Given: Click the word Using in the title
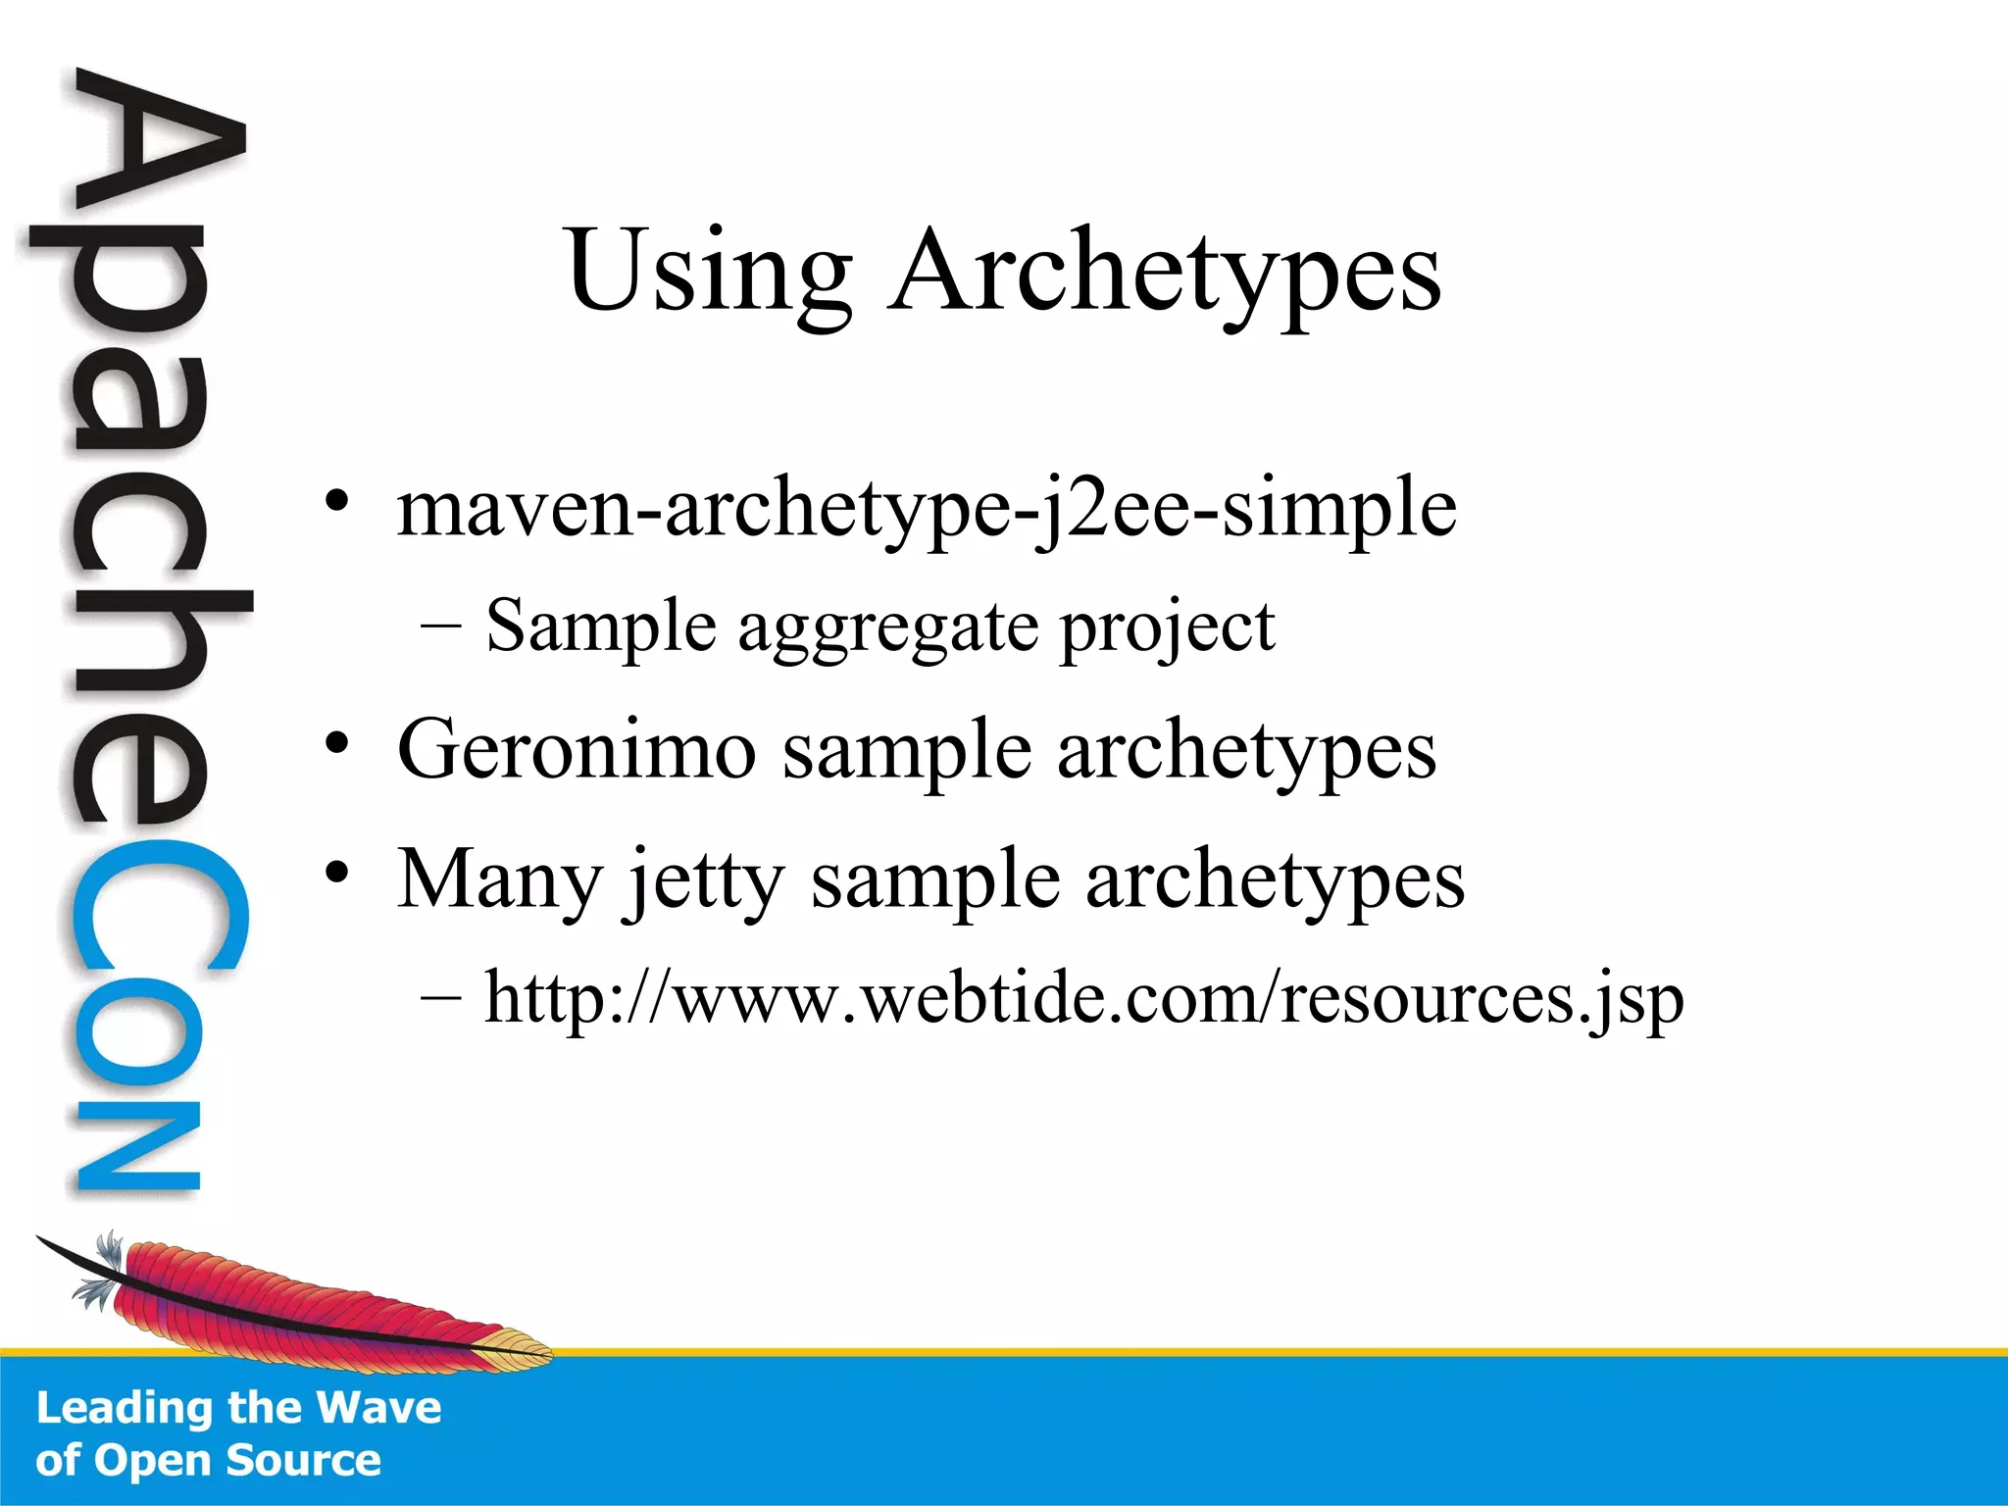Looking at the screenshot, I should tap(709, 272).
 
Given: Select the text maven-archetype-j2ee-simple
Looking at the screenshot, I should tap(926, 510).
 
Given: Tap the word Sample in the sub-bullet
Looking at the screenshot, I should tap(600, 627).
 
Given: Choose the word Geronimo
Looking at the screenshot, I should tap(577, 750).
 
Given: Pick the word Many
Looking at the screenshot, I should tap(499, 880).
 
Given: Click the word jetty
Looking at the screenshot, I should tap(706, 880).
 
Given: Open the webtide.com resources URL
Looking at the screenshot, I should tap(1083, 1000).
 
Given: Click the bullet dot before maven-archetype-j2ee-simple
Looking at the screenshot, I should tap(337, 502).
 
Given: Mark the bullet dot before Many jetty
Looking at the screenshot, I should tap(337, 872).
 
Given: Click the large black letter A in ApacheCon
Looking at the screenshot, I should tap(157, 147).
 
